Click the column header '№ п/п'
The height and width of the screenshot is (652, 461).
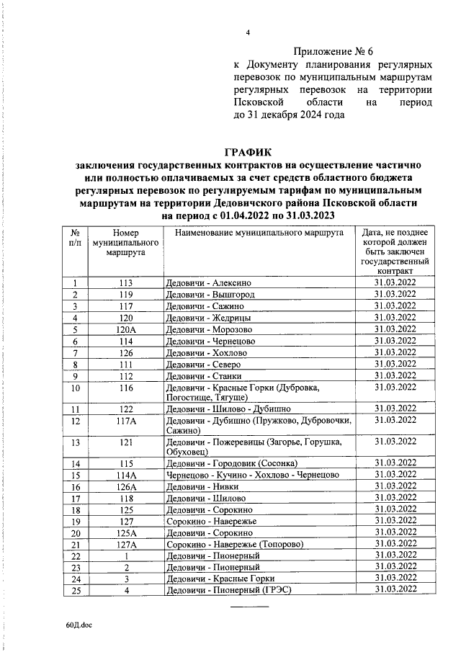(x=74, y=238)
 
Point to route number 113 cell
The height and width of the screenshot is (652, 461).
(x=127, y=283)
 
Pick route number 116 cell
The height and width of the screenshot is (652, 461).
(x=127, y=388)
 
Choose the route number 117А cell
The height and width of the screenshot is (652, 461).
(x=127, y=419)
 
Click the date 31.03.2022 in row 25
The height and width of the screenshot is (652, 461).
(x=395, y=590)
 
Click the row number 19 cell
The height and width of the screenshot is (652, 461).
(x=74, y=521)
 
